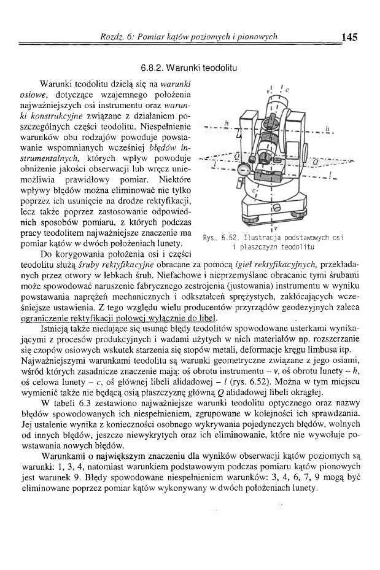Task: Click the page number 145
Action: [x=349, y=37]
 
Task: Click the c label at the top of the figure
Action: [x=288, y=89]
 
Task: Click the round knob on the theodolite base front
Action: [x=274, y=207]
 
